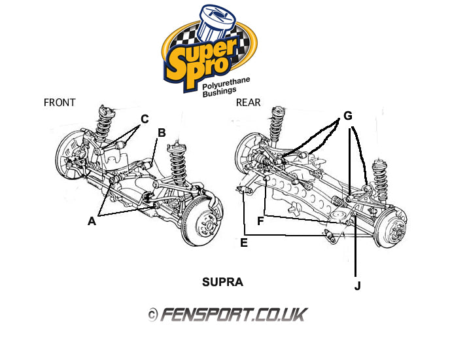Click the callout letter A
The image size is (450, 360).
click(92, 221)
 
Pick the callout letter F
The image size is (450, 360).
click(260, 221)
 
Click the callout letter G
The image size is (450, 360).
click(348, 116)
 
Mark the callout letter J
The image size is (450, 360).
click(357, 285)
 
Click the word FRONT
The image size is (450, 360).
click(60, 102)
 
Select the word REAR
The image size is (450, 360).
click(248, 102)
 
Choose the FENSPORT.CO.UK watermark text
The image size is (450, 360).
click(233, 315)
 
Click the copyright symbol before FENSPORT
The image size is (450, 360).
click(152, 315)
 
